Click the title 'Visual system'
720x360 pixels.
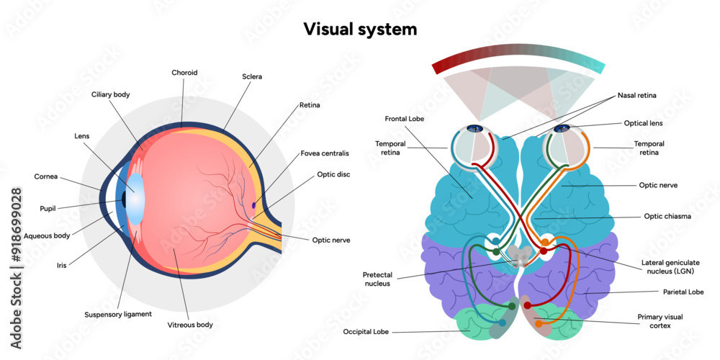359,29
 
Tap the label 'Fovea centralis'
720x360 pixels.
325,153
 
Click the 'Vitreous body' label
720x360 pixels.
190,325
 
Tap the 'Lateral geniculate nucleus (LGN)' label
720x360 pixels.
670,267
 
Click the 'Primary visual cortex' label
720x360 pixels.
660,320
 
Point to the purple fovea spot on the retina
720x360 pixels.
253,205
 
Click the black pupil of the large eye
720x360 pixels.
125,199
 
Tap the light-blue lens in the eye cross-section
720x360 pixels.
136,199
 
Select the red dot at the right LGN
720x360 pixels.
544,252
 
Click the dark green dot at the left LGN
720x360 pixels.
496,252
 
